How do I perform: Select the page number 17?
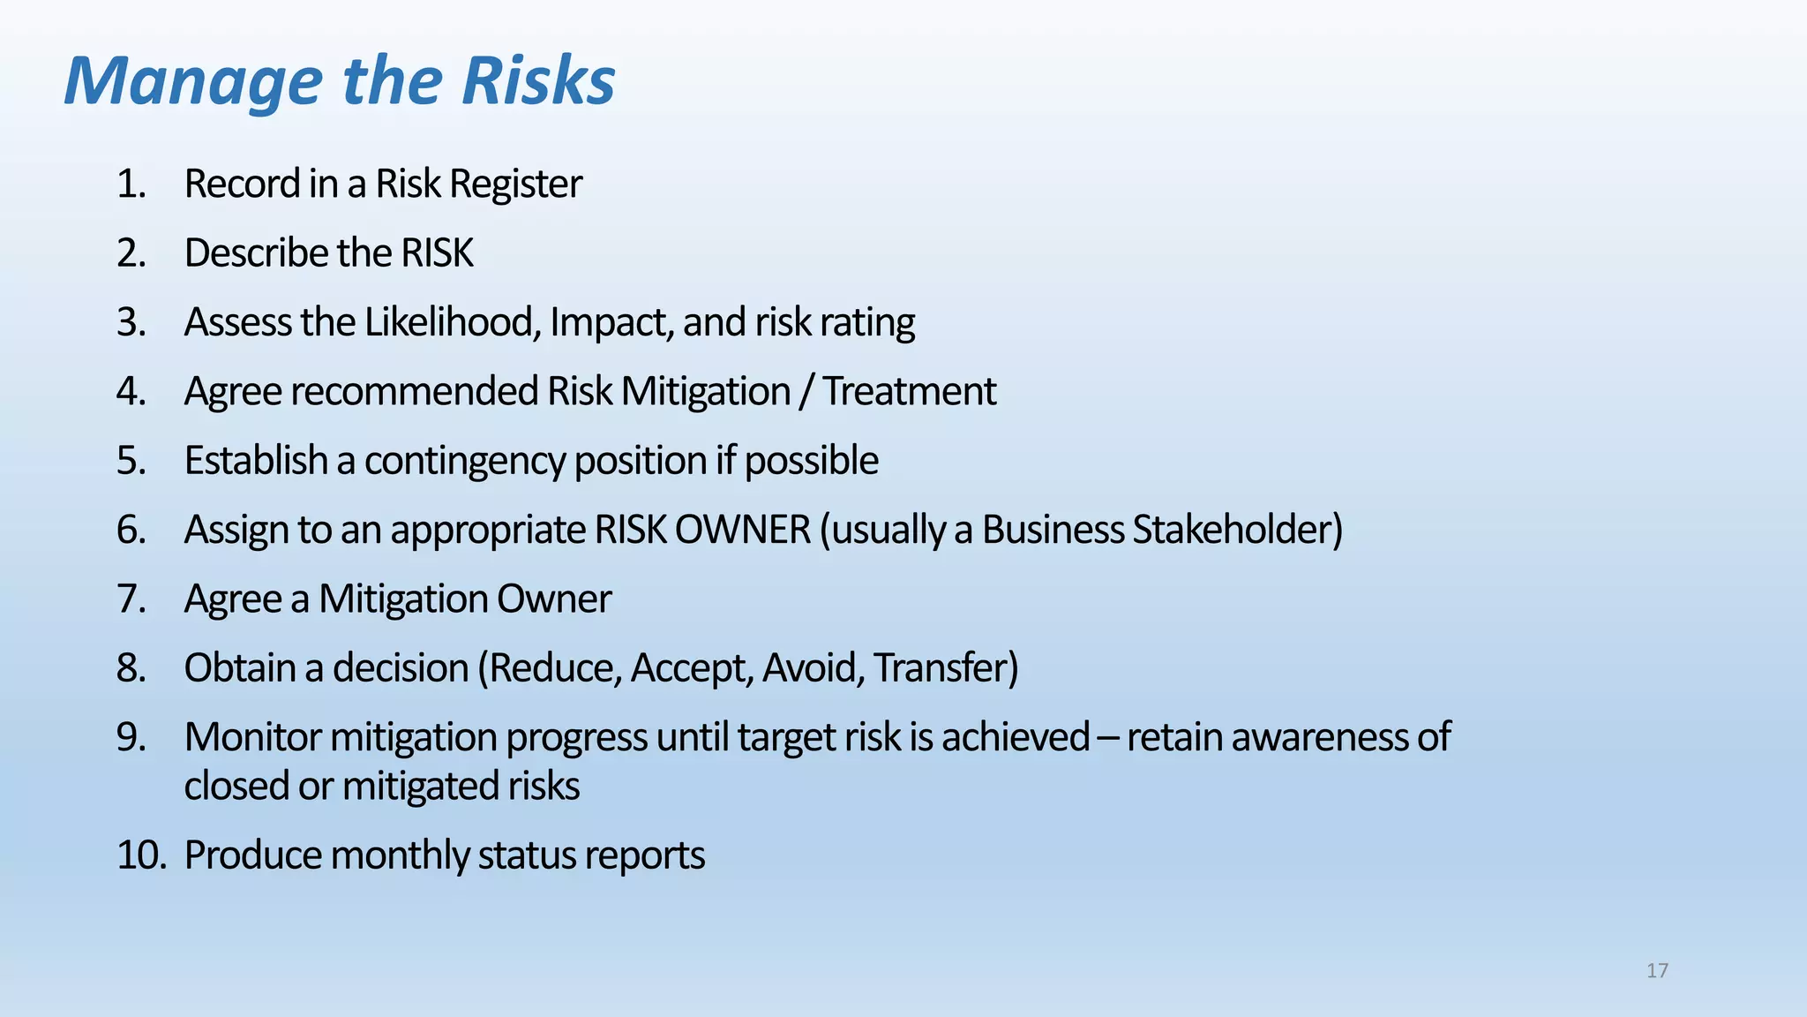pos(1657,971)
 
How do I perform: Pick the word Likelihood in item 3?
pos(450,322)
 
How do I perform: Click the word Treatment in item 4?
pos(909,391)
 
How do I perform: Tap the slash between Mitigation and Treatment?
pos(805,391)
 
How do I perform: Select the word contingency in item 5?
pos(464,461)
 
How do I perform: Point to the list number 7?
pos(131,599)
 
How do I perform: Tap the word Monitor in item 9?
pos(252,737)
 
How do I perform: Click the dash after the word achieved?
pos(1108,738)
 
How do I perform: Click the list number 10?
pos(141,855)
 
